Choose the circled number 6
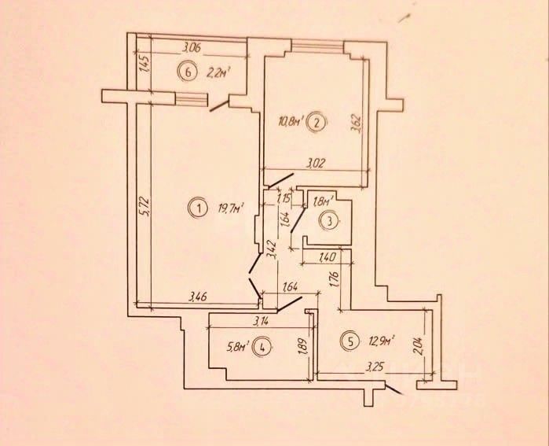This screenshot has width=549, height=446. pyautogui.click(x=186, y=73)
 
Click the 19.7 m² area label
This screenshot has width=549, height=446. pyautogui.click(x=231, y=208)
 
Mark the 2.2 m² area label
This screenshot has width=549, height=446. pyautogui.click(x=217, y=73)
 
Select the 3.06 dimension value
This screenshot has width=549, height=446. pyautogui.click(x=192, y=48)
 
